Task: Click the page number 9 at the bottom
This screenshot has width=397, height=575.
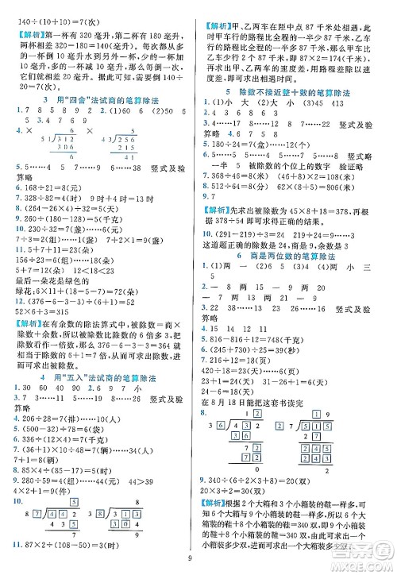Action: click(x=198, y=566)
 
